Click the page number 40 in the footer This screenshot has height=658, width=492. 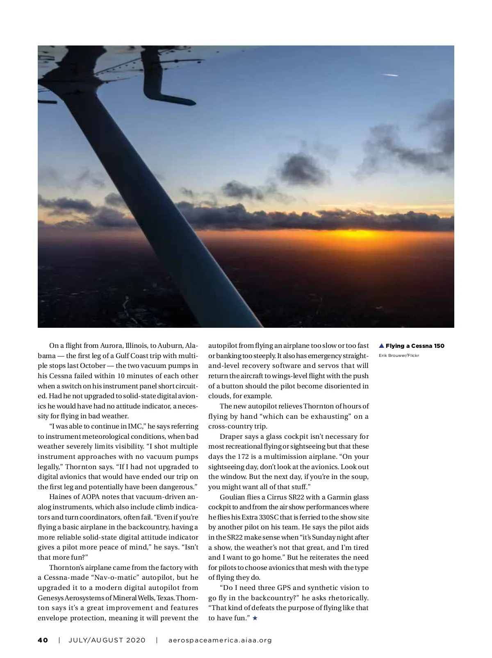(43, 640)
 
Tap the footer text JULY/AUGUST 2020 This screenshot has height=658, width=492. (107, 640)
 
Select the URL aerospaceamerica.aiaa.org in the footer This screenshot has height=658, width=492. (220, 640)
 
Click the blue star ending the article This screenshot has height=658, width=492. (255, 618)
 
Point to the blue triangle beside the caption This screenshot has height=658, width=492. (381, 346)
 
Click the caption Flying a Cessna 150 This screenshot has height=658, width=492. (415, 346)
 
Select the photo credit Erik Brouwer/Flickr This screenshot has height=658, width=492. (399, 356)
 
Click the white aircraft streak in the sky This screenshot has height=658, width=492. (390, 75)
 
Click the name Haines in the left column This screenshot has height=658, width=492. (60, 497)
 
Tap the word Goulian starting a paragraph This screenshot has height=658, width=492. (232, 497)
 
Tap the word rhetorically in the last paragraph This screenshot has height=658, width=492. (348, 598)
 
